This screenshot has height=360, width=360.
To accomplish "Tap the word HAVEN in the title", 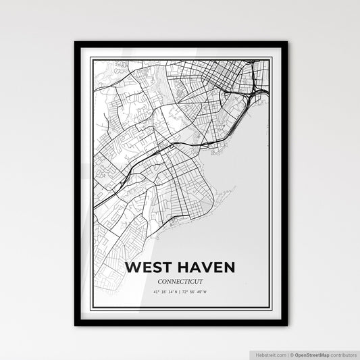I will pyautogui.click(x=204, y=267).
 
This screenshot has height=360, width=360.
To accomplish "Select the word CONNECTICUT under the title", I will pyautogui.click(x=180, y=280).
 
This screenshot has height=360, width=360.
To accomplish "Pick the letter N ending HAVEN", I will pyautogui.click(x=229, y=267).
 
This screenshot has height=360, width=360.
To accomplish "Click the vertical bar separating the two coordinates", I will pyautogui.click(x=180, y=292).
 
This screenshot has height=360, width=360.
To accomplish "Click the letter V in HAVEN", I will pyautogui.click(x=203, y=267).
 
